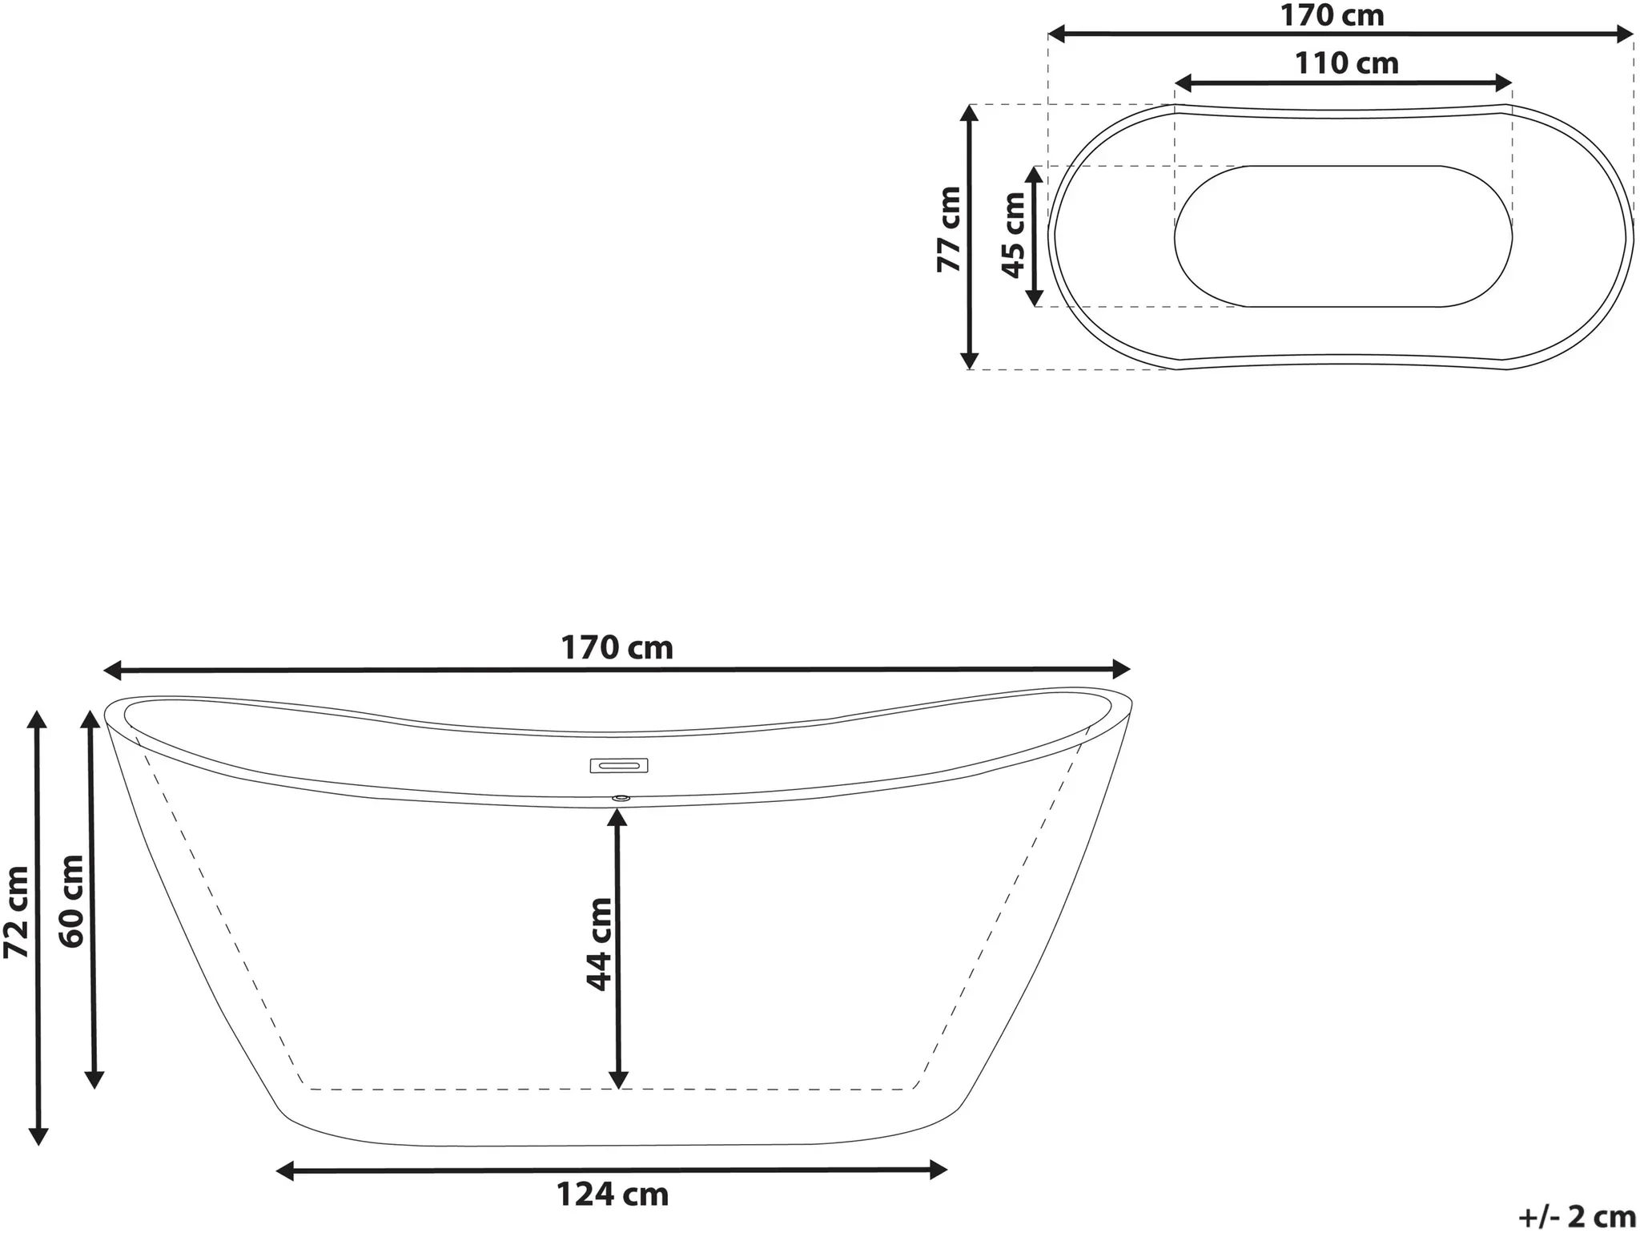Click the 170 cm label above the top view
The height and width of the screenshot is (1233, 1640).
[x=1332, y=15]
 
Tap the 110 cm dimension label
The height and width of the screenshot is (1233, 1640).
[x=1347, y=62]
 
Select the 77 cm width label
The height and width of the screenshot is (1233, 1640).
[x=950, y=229]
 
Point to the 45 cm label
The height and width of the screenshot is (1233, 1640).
[x=1013, y=235]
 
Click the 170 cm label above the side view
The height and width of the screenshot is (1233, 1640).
[x=617, y=647]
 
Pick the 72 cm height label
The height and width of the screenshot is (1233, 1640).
[x=17, y=912]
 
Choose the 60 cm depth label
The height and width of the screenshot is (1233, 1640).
[x=71, y=901]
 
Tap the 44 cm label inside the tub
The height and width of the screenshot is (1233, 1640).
[x=599, y=945]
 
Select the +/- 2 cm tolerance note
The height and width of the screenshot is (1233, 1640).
[x=1577, y=1217]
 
